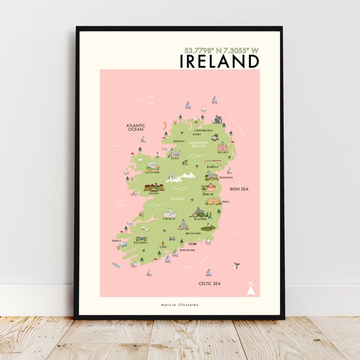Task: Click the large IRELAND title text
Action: pos(220,61)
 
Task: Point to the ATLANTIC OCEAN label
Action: pos(136,127)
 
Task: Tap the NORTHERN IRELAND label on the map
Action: pos(198,144)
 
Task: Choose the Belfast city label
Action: pos(223,152)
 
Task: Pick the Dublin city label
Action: pos(208,194)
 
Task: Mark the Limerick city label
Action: pos(169,220)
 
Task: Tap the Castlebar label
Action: pos(152,172)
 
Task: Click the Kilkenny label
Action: pos(200,219)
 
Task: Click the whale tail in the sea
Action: pos(237,264)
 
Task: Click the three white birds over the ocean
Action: pos(146,98)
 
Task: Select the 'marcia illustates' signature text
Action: pos(179,305)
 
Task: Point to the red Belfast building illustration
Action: pos(222,146)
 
